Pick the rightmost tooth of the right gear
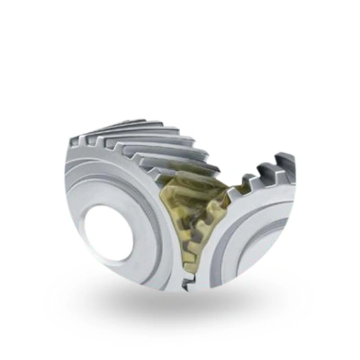[x=286, y=164]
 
